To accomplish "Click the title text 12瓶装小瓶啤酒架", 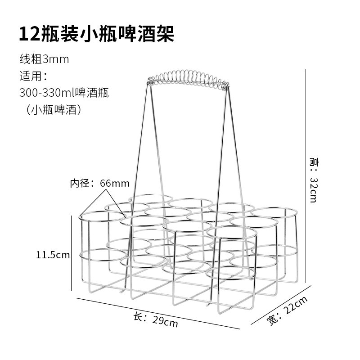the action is (x=96, y=34).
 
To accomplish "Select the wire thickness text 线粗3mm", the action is (x=44, y=59).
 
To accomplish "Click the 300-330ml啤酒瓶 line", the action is (x=64, y=93).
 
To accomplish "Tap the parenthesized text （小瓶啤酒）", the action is (x=54, y=110).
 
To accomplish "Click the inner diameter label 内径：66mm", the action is (x=99, y=183).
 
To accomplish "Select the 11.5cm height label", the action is (x=53, y=255).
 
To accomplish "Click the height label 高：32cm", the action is (x=313, y=180).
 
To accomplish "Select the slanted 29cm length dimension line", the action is (x=157, y=313).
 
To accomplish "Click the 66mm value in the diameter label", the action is (x=114, y=183).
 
